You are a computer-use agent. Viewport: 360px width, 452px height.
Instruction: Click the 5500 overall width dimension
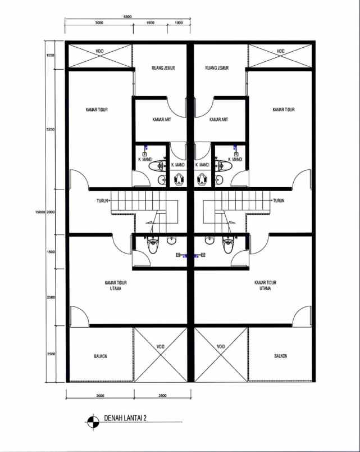[x=127, y=17]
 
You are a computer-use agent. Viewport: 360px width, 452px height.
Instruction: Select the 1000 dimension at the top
[x=179, y=23]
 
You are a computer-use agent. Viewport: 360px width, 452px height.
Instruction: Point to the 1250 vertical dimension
[x=50, y=56]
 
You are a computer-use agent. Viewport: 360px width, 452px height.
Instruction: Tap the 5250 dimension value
[x=50, y=129]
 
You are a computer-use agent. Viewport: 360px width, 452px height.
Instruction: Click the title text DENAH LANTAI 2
[x=126, y=418]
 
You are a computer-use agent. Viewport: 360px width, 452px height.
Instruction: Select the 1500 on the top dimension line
[x=151, y=23]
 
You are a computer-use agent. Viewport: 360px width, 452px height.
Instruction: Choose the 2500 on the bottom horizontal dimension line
[x=162, y=396]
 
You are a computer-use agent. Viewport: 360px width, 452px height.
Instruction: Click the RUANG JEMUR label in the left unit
[x=163, y=68]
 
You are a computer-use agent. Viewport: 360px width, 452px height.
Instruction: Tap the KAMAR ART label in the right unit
[x=218, y=120]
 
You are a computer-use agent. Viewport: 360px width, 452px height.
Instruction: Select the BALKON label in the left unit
[x=101, y=356]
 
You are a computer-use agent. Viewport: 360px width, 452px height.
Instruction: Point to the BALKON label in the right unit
[x=281, y=356]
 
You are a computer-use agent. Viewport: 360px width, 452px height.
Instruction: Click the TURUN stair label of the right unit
[x=279, y=200]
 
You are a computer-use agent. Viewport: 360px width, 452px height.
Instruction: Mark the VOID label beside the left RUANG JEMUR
[x=99, y=52]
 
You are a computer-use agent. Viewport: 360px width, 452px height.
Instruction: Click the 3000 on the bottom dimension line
[x=100, y=396]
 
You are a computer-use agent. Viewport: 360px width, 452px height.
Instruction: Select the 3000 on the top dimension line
[x=99, y=23]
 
